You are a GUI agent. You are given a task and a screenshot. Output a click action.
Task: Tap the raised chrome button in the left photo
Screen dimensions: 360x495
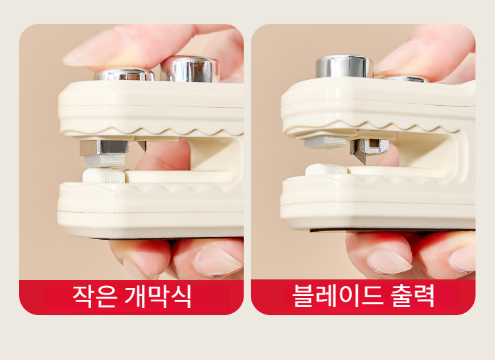(x=190, y=69)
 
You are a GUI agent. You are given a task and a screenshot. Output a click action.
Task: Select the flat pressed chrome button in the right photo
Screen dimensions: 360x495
(x=405, y=79)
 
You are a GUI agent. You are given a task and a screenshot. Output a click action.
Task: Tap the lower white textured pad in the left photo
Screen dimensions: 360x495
(x=104, y=176)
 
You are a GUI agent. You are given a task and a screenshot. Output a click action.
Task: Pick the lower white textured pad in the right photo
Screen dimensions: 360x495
(x=327, y=170)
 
